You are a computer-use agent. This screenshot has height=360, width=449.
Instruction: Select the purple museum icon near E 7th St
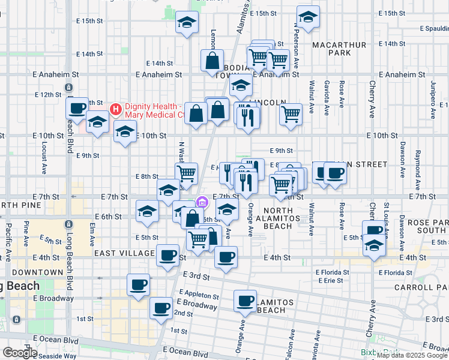click(202, 200)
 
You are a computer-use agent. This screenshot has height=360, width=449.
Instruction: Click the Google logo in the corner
click(19, 353)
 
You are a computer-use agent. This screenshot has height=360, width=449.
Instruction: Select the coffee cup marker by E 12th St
click(77, 109)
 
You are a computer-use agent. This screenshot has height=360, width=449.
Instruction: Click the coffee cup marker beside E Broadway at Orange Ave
click(244, 301)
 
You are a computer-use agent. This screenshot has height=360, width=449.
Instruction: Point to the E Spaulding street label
click(434, 28)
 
